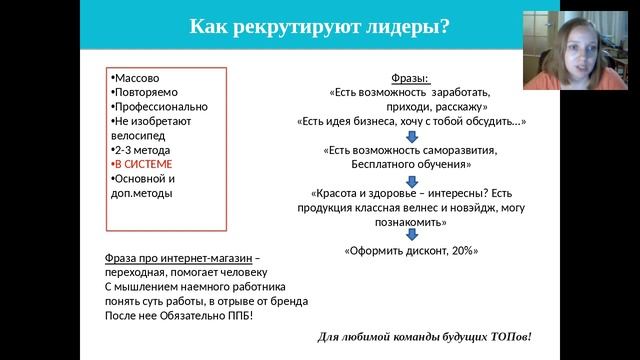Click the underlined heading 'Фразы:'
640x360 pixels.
(410, 77)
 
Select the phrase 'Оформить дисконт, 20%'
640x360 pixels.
(411, 251)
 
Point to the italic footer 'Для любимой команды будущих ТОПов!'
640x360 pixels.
(425, 335)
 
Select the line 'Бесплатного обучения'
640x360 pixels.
(410, 164)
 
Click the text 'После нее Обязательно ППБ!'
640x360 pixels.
(179, 315)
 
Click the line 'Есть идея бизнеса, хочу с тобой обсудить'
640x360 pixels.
(411, 120)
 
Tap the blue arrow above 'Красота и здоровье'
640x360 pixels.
(411, 178)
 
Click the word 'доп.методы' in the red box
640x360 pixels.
(141, 193)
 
